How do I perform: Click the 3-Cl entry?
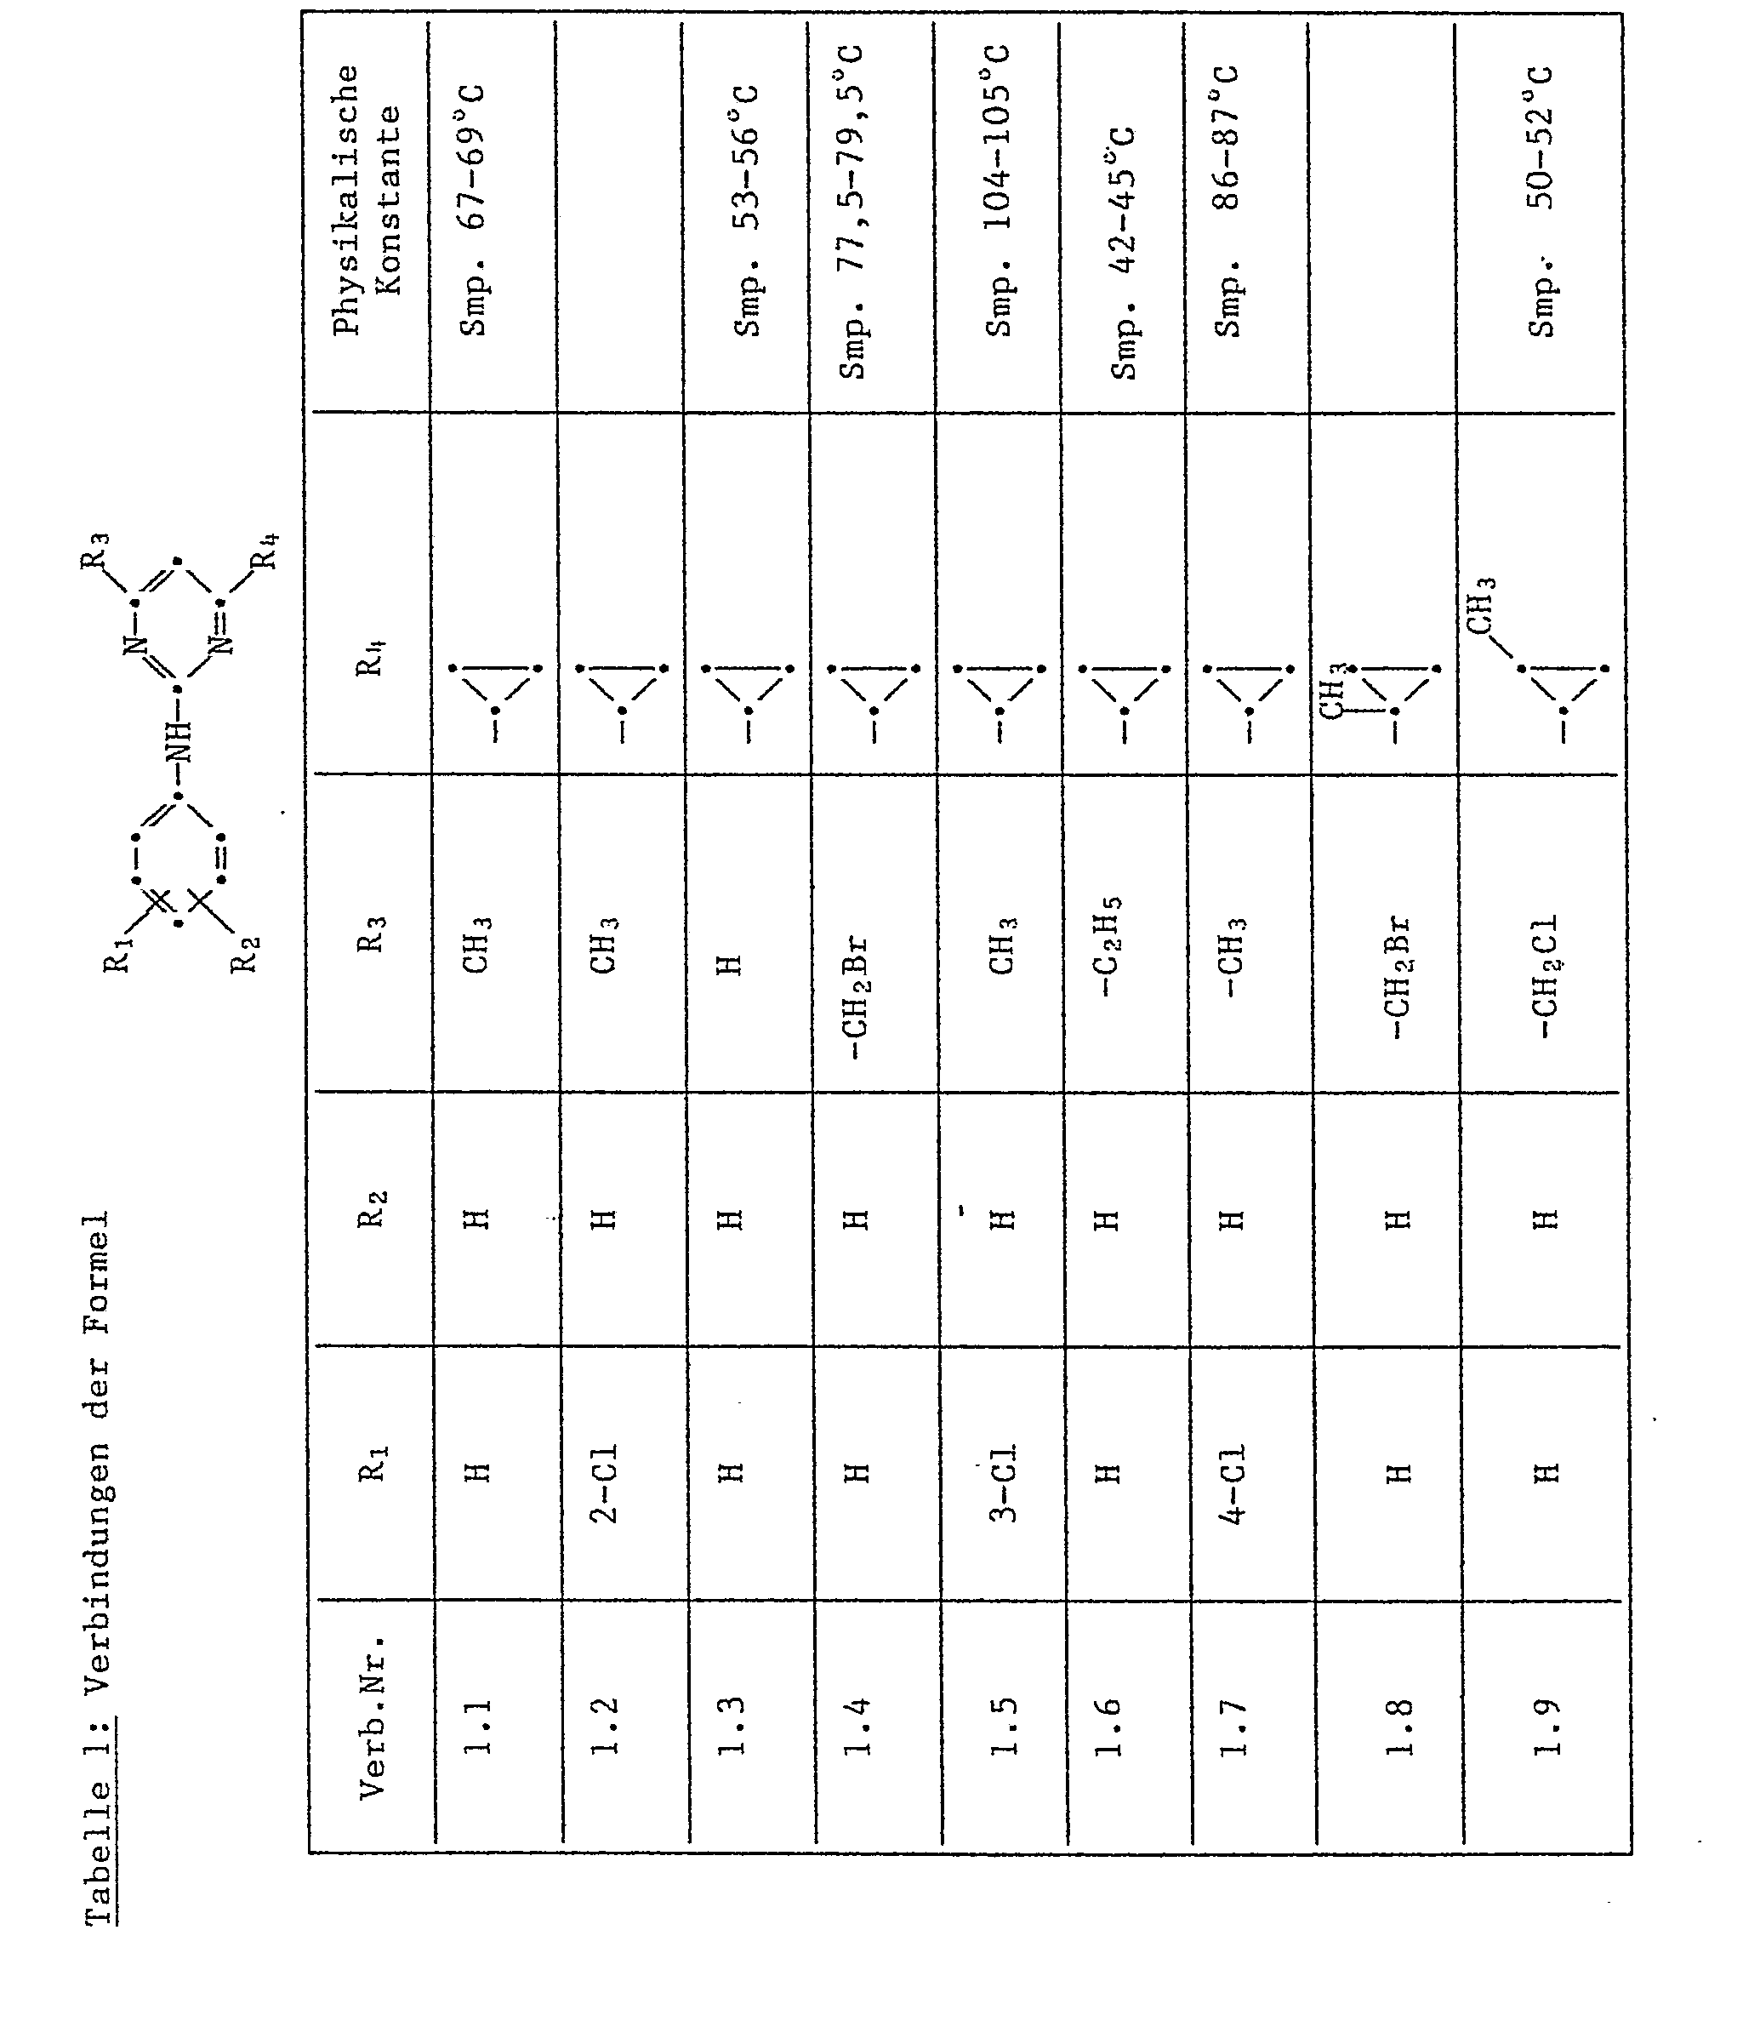pos(1003,1483)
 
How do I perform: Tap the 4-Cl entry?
pos(1232,1483)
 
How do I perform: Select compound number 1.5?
pos(1003,1740)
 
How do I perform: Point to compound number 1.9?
pos(1545,1740)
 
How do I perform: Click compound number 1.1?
pos(477,1740)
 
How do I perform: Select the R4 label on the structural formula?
pos(263,551)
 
